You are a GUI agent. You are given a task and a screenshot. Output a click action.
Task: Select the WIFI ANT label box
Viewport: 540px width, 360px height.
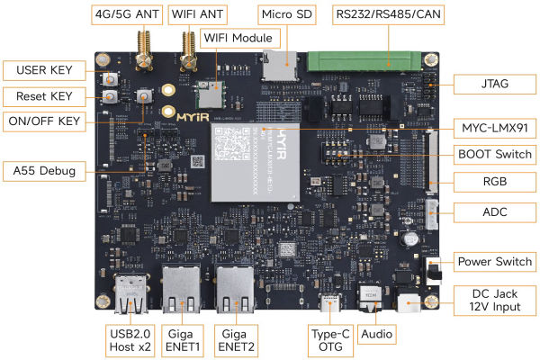pyautogui.click(x=199, y=15)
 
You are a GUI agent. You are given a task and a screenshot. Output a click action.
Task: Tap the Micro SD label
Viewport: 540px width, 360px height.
pyautogui.click(x=285, y=15)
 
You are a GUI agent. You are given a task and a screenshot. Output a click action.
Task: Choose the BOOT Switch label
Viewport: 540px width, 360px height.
pyautogui.click(x=491, y=153)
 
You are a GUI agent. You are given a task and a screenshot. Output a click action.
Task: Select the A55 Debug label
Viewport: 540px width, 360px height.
pyautogui.click(x=44, y=169)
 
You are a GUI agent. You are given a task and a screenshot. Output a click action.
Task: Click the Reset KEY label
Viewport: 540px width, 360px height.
pyautogui.click(x=44, y=96)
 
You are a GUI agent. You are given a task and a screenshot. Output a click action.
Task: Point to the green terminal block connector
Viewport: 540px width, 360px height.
pyautogui.click(x=363, y=61)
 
